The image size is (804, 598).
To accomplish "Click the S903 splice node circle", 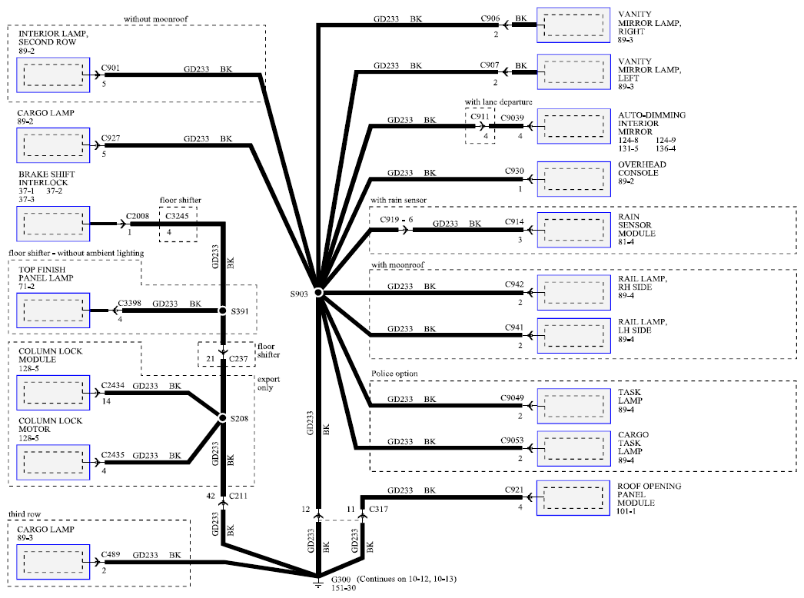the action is tap(318, 292).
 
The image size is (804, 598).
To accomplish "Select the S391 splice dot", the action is tap(223, 311).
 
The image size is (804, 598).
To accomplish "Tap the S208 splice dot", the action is tap(223, 418).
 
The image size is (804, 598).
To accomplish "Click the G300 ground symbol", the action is tap(318, 582).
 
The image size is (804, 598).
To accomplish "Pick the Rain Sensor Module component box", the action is tap(573, 230).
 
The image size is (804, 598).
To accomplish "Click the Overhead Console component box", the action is tap(573, 179).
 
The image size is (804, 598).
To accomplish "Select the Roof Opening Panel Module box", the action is tap(573, 497).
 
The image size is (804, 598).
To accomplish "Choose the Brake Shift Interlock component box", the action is tap(53, 224).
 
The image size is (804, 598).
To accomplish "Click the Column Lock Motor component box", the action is tap(53, 462).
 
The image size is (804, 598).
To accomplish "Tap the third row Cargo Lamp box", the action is tap(53, 562).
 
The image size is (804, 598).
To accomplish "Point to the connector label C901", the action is tap(110, 68).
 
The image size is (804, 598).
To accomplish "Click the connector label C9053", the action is tap(512, 440).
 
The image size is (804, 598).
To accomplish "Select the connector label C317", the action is tap(378, 509).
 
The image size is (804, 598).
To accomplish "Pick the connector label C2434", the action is tap(112, 385).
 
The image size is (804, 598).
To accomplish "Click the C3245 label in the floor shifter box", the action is tap(177, 216).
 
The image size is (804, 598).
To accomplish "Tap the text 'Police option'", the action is tap(394, 374).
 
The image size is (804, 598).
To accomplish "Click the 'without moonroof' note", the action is tap(155, 19).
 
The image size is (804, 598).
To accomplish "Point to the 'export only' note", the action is tap(268, 384).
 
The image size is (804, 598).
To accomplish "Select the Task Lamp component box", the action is tap(573, 406).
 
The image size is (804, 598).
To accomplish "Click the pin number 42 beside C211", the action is tap(211, 496).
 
